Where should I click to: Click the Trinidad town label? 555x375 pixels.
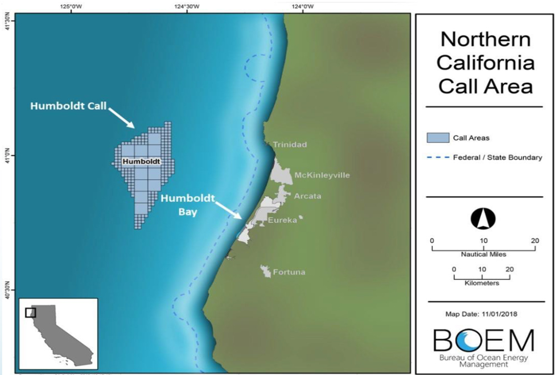(289, 145)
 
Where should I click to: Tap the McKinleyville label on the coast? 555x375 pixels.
(322, 176)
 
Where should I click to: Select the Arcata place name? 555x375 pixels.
(307, 196)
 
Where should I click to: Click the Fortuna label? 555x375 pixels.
(289, 273)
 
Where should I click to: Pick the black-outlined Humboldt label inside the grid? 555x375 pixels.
(141, 162)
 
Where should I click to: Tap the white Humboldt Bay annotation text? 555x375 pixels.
(182, 204)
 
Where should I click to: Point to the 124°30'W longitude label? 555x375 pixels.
(187, 6)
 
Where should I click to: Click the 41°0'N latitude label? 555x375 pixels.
(7, 156)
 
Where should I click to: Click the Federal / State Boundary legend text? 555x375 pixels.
(497, 158)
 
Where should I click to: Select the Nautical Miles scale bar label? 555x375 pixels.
(483, 254)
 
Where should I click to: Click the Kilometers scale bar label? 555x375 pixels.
(482, 283)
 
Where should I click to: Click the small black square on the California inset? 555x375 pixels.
(31, 312)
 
